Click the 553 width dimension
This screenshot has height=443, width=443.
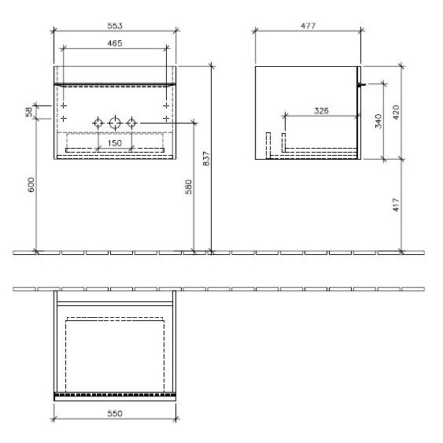115,26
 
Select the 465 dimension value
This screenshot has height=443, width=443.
115,43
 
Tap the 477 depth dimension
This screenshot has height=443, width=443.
308,26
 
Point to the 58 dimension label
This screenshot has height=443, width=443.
29,112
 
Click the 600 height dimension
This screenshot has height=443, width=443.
31,185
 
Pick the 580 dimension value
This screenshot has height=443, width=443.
188,186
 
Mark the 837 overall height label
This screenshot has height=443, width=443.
206,158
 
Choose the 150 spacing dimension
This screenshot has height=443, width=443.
115,143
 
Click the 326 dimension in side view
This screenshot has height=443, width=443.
322,110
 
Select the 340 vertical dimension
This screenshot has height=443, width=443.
378,121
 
